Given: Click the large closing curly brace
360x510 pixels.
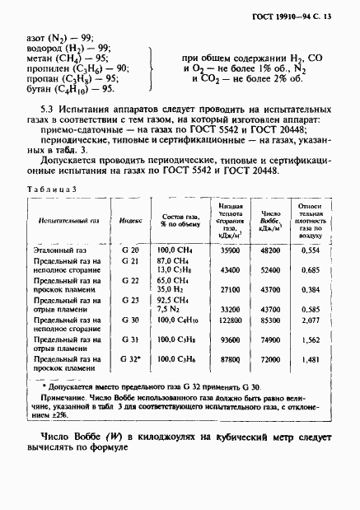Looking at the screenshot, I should pos(150,62).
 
